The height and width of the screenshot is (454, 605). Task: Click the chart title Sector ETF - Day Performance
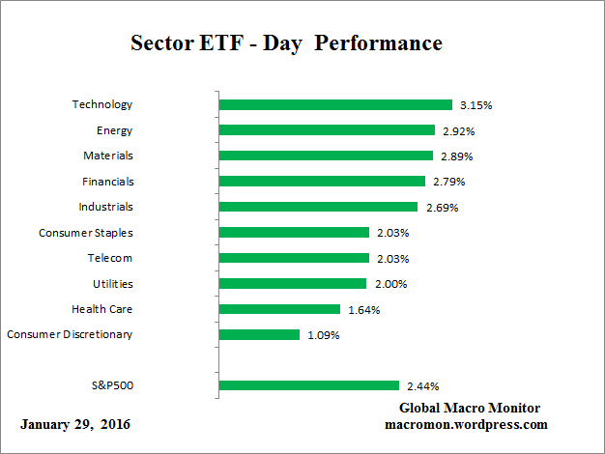pos(286,44)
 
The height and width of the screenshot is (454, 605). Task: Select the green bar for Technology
pos(335,104)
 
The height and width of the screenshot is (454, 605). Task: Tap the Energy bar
pos(327,129)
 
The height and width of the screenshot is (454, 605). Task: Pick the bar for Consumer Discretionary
pos(259,335)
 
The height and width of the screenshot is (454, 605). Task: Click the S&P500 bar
pos(309,386)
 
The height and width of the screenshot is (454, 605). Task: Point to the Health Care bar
pos(279,309)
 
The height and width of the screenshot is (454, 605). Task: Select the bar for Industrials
pos(318,207)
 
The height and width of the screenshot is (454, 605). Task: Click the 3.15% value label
pos(475,104)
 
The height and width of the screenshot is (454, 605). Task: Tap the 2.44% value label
pos(420,386)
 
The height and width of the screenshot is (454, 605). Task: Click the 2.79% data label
pos(447,182)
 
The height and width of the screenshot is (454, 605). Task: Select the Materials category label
pos(107,155)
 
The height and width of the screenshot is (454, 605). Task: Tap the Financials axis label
pos(106,181)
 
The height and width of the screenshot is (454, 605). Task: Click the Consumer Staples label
pos(85,232)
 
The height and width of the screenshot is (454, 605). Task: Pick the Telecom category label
pos(110,258)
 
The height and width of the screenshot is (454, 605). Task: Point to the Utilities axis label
pos(113,284)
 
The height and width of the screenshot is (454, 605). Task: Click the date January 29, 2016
pos(74,425)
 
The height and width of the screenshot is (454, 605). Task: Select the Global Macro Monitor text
pos(469,409)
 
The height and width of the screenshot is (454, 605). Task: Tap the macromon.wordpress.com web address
pos(467,424)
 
